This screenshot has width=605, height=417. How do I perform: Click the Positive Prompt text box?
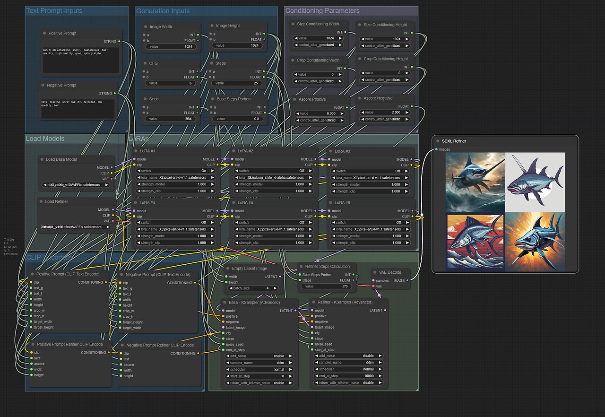(x=80, y=60)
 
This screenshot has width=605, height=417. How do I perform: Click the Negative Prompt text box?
(x=78, y=108)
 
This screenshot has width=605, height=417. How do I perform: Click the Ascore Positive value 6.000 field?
(x=319, y=113)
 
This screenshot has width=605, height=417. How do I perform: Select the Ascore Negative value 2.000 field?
(x=385, y=113)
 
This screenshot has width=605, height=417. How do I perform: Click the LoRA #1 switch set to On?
(x=176, y=171)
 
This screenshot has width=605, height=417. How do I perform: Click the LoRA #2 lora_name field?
(x=274, y=178)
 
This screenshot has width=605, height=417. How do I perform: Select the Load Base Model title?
(x=61, y=159)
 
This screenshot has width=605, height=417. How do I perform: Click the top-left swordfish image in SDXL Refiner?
(x=475, y=182)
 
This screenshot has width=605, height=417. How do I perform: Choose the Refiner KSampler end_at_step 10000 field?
(x=348, y=376)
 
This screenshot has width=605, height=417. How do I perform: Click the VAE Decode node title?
(x=390, y=272)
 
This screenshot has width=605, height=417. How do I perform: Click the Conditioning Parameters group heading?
(x=322, y=11)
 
